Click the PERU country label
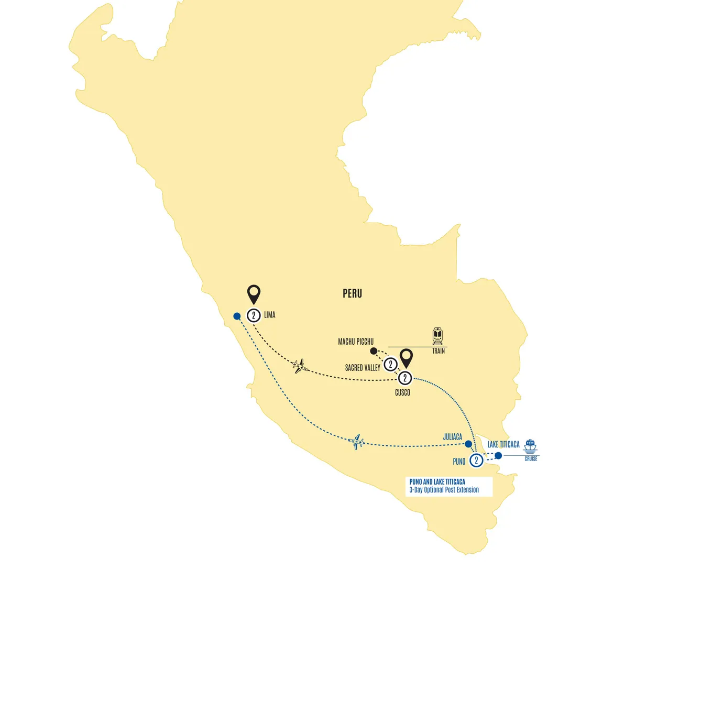[352, 293]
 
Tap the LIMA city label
[269, 315]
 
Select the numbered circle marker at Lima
[254, 315]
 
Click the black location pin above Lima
[254, 293]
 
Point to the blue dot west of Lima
[237, 316]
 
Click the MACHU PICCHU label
[356, 342]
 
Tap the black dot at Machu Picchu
[374, 351]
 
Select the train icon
[437, 336]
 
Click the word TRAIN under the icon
[439, 351]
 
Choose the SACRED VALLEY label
[363, 368]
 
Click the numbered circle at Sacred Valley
[390, 364]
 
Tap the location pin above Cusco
[406, 358]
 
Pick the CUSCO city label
[402, 392]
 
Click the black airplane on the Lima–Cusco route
[300, 366]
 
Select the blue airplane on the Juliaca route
[356, 442]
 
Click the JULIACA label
[453, 437]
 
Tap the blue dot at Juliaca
[468, 444]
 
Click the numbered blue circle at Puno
[476, 461]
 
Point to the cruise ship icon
[530, 446]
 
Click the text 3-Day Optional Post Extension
[444, 490]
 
